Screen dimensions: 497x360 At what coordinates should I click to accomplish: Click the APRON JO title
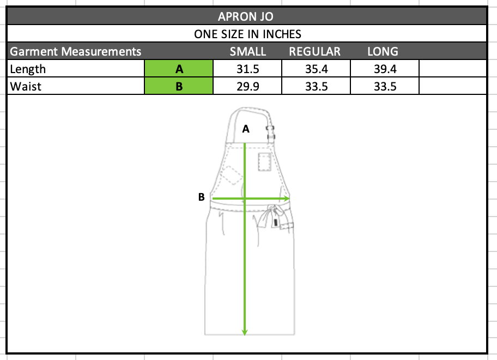click(x=246, y=16)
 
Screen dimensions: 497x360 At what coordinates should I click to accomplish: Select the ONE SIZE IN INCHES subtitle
click(x=247, y=34)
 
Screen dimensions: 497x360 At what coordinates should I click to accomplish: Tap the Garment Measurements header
click(x=75, y=51)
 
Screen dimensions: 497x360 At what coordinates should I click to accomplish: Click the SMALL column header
click(x=248, y=51)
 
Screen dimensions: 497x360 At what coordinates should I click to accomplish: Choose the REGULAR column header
click(x=315, y=51)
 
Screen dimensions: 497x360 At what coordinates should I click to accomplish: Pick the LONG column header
click(x=383, y=51)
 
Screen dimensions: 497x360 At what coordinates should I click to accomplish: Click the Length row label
click(x=28, y=69)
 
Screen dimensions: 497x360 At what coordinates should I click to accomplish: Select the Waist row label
click(x=26, y=86)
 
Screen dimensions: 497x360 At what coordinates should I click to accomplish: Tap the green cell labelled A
click(x=179, y=69)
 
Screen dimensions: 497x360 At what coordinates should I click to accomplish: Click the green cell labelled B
click(x=179, y=86)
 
